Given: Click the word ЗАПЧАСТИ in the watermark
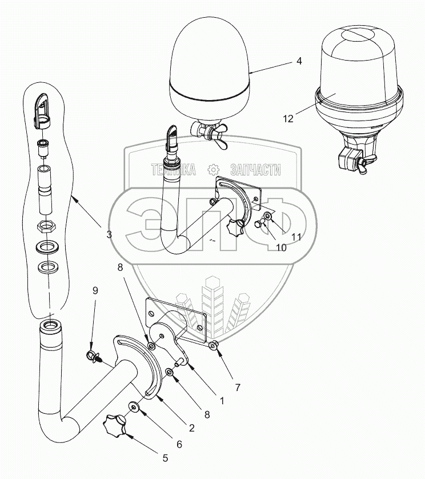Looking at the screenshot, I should coord(255,169).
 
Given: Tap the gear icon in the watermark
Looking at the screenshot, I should coord(213,169).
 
